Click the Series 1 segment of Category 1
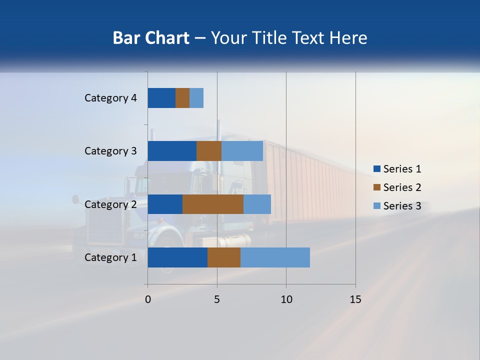pyautogui.click(x=177, y=257)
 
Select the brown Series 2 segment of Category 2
pyautogui.click(x=213, y=204)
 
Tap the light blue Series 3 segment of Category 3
pyautogui.click(x=242, y=151)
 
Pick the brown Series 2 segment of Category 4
pyautogui.click(x=182, y=98)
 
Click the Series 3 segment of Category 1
pyautogui.click(x=275, y=257)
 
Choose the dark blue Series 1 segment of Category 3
pyautogui.click(x=172, y=151)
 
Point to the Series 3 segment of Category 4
pyautogui.click(x=196, y=98)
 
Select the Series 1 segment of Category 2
pyautogui.click(x=165, y=204)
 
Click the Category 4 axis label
pyautogui.click(x=110, y=98)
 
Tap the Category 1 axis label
pyautogui.click(x=110, y=257)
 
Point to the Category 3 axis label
pyautogui.click(x=110, y=151)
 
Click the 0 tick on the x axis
pyautogui.click(x=148, y=299)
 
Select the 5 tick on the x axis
pyautogui.click(x=217, y=299)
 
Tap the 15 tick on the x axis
pyautogui.click(x=355, y=299)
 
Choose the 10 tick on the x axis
pyautogui.click(x=286, y=299)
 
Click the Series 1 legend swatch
pyautogui.click(x=376, y=169)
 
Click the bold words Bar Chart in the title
pyautogui.click(x=151, y=38)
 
